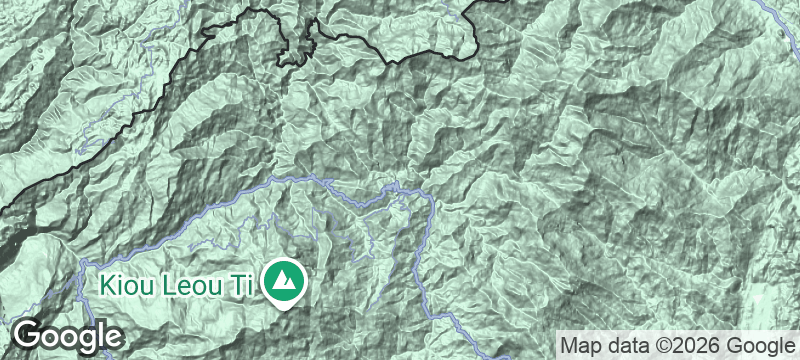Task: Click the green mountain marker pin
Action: pyautogui.click(x=285, y=281)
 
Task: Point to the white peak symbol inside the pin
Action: pyautogui.click(x=285, y=279)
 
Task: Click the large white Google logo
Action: pyautogui.click(x=67, y=336)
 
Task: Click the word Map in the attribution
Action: pyautogui.click(x=582, y=345)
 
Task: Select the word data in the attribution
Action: pyautogui.click(x=632, y=345)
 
